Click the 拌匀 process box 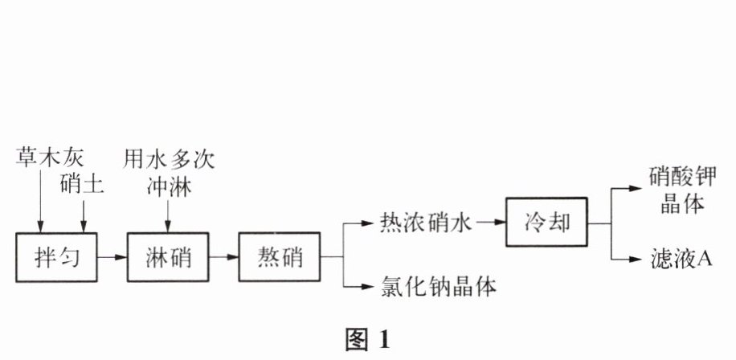coord(55,258)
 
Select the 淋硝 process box coord(167,258)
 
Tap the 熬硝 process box coord(279,258)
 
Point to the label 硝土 coord(83,184)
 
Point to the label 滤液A coord(682,259)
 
